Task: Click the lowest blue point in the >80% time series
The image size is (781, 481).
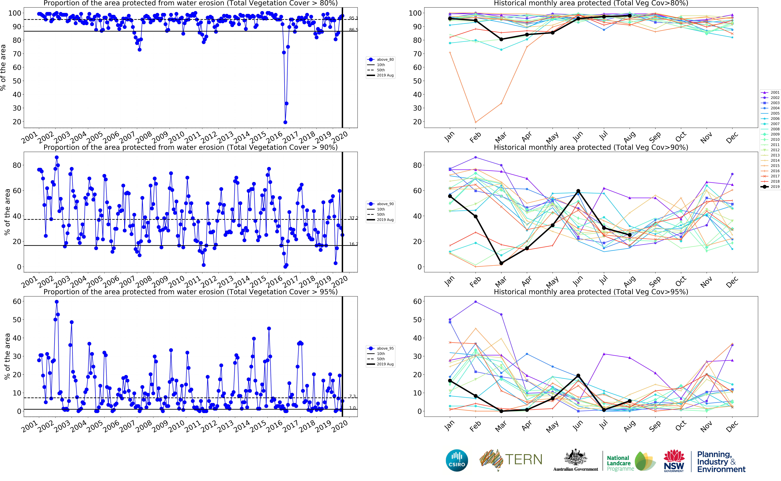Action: click(285, 122)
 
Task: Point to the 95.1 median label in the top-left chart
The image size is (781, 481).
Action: click(353, 18)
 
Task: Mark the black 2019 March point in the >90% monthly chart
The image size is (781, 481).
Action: click(501, 263)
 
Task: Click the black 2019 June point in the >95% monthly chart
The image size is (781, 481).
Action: click(578, 376)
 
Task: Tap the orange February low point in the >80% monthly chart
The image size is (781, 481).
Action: click(475, 122)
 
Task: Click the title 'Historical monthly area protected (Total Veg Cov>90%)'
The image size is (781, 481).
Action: click(591, 147)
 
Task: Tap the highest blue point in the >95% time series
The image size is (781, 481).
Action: click(57, 302)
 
